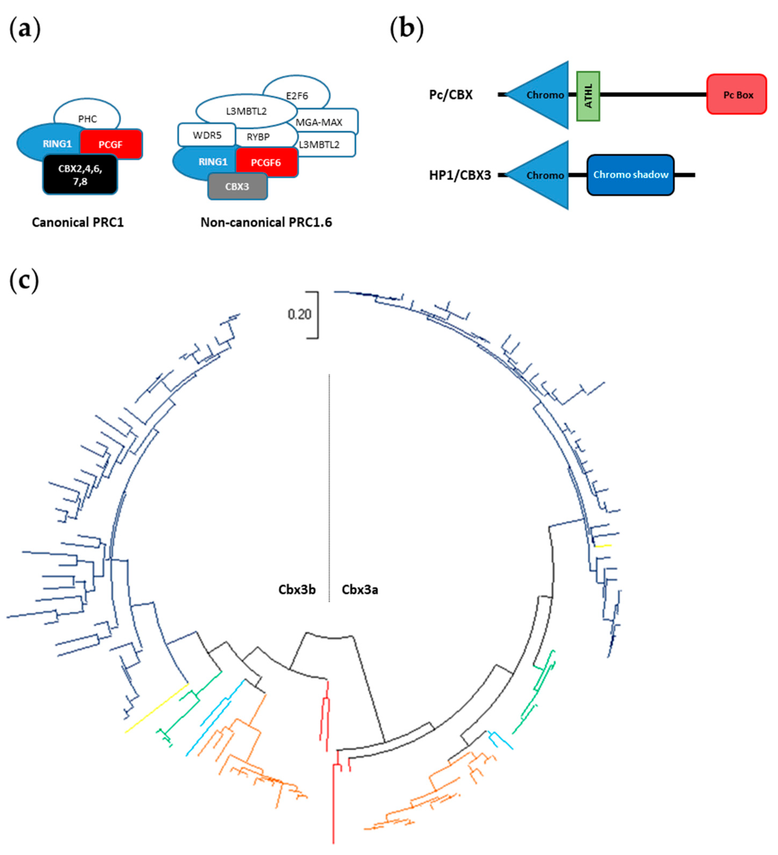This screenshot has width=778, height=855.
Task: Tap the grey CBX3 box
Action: click(x=237, y=187)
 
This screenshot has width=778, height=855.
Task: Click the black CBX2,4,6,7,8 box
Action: click(x=80, y=175)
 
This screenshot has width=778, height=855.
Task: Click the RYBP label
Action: click(x=258, y=137)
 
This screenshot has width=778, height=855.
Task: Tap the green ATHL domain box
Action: click(x=588, y=96)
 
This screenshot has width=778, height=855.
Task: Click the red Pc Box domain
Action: click(x=737, y=94)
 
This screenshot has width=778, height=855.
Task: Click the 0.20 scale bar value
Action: click(x=299, y=314)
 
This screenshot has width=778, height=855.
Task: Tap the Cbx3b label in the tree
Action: click(x=297, y=590)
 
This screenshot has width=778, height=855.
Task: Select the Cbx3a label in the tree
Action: click(x=360, y=590)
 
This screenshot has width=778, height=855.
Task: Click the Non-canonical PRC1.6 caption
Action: click(x=266, y=222)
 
